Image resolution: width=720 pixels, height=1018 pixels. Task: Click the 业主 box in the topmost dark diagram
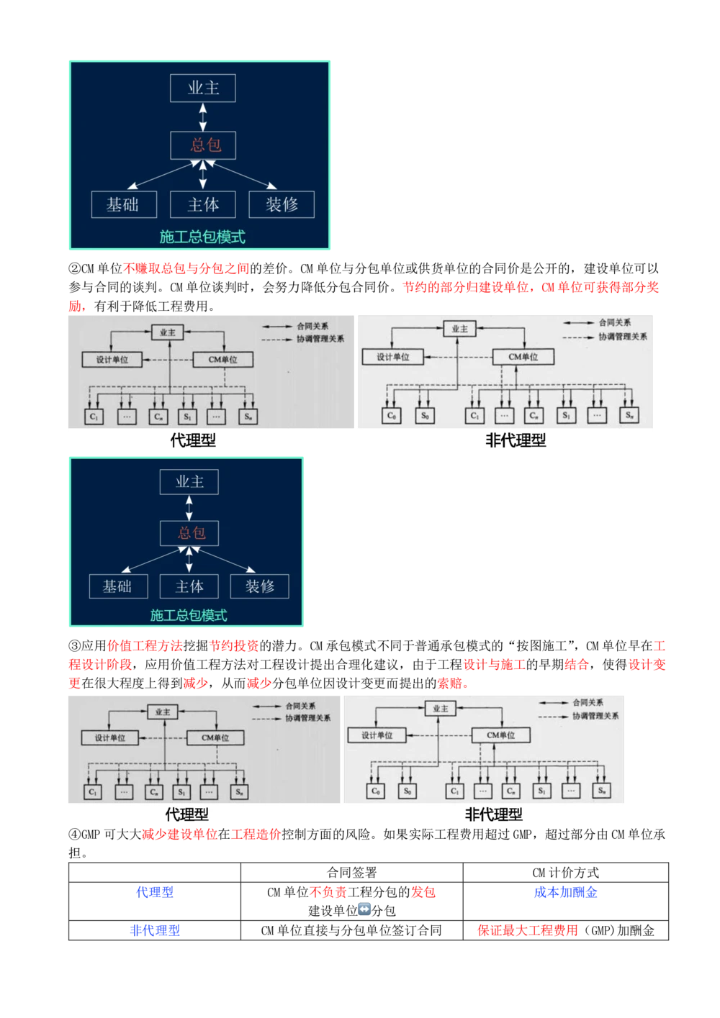[x=203, y=88]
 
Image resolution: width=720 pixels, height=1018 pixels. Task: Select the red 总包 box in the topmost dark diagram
[x=204, y=145]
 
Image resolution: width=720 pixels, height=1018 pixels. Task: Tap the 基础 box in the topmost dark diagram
[x=123, y=204]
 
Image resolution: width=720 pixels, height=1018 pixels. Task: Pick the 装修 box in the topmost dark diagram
[x=282, y=204]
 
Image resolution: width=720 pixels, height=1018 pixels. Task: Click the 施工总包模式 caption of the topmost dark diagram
[x=202, y=237]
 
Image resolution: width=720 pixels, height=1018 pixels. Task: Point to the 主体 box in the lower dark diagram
[x=189, y=586]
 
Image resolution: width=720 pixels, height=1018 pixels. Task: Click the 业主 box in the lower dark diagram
[x=189, y=482]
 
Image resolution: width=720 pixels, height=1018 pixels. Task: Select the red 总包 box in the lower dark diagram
[x=190, y=533]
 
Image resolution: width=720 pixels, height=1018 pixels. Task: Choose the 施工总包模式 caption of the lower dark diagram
[x=189, y=615]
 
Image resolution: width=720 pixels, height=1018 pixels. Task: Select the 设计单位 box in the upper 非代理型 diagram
[x=394, y=357]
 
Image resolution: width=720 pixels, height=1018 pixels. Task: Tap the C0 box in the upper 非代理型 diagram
[x=391, y=415]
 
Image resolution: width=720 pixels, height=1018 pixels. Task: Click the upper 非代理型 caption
[x=516, y=440]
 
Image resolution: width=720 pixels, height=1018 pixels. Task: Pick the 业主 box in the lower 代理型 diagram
[x=163, y=712]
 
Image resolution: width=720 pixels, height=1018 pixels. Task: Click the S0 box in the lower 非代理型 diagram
[x=407, y=791]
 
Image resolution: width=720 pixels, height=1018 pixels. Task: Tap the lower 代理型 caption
[x=187, y=814]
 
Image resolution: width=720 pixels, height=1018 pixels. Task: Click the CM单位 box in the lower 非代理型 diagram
[x=502, y=735]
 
